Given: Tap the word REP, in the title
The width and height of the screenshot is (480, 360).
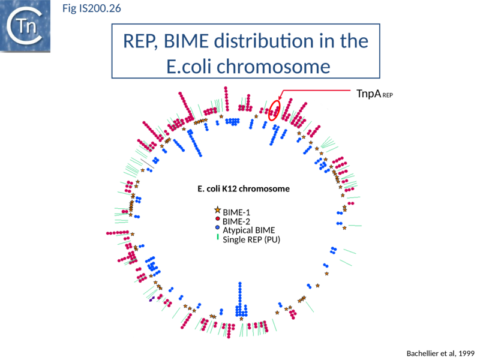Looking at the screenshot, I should coord(144,41).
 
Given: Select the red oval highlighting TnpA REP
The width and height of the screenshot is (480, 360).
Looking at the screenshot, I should coord(274,110).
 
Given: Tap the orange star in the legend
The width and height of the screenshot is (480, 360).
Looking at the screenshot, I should coord(217,211).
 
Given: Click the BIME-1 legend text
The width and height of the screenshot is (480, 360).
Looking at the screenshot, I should coord(236,212).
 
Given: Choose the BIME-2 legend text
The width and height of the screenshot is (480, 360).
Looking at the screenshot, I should coord(236,221).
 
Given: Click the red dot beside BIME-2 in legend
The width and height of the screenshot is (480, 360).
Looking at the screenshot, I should coord(217,220).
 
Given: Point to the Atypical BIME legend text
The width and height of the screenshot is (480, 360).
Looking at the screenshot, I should coord(248,230).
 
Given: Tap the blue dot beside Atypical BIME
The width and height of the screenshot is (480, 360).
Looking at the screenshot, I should coord(217,229).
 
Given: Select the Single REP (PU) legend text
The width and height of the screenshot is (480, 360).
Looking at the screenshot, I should coord(251,239).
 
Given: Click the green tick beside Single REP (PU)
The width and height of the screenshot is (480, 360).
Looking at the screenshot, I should coord(217,238).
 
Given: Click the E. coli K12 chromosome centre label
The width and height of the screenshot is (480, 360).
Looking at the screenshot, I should coord(243,188).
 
